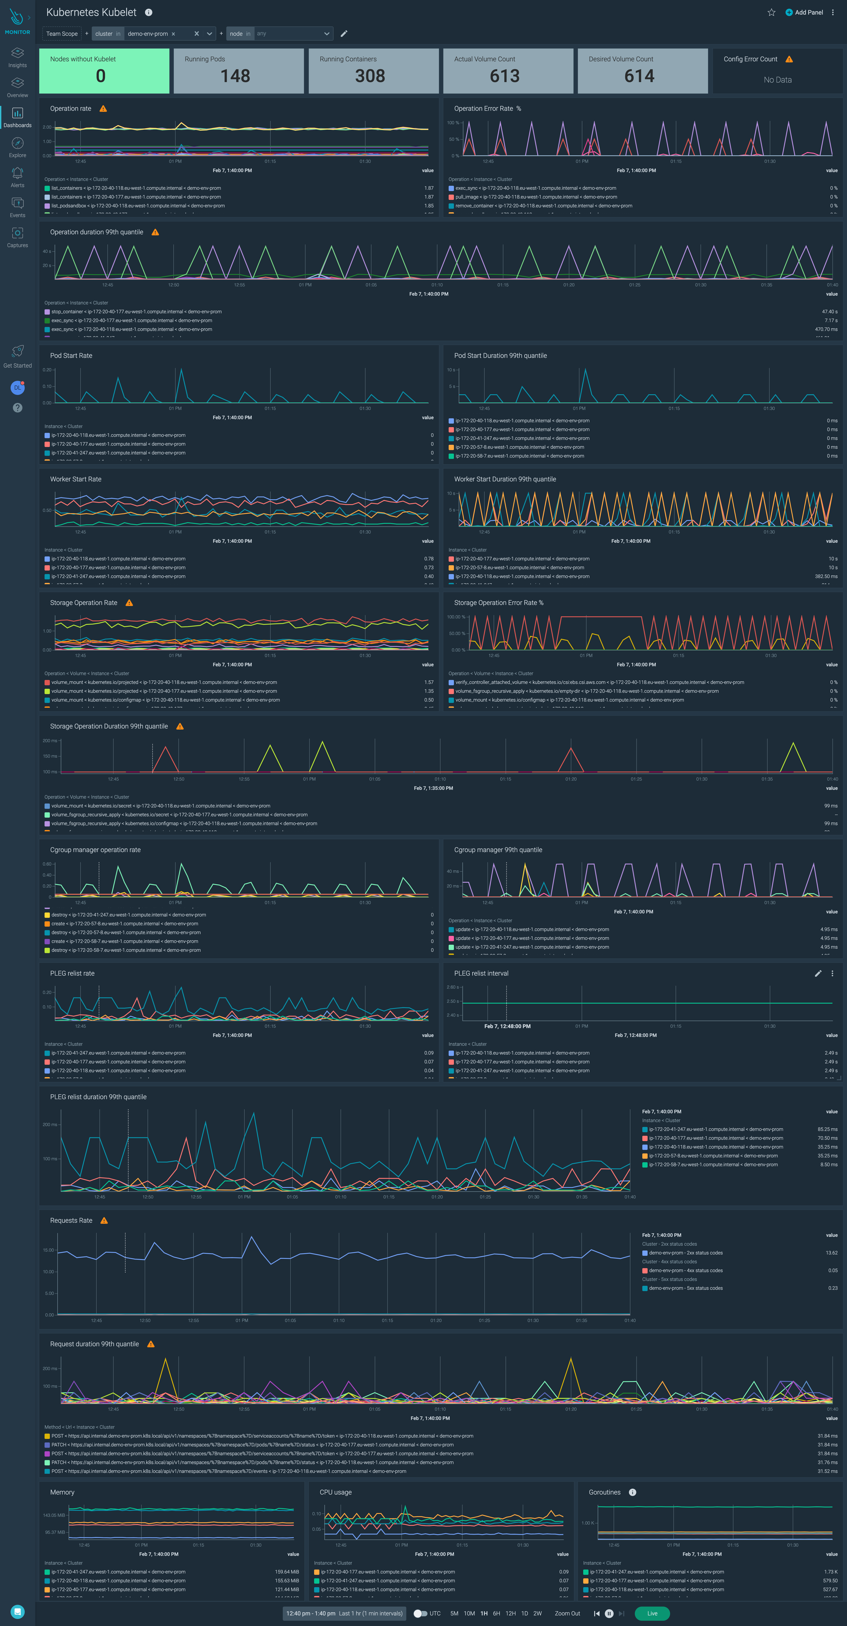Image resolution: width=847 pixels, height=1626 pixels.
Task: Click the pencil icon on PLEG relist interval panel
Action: point(817,973)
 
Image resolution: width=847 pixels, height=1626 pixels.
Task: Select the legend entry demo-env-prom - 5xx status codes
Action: point(685,1288)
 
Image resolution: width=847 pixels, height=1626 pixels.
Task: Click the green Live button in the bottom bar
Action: point(652,1613)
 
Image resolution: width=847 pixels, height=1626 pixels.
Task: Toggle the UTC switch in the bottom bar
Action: point(420,1613)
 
